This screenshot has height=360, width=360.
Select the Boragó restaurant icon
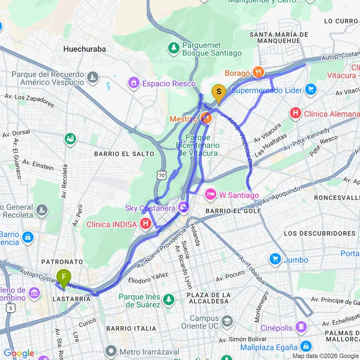(x=258, y=72)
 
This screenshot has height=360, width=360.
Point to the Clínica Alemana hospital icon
(x=295, y=114)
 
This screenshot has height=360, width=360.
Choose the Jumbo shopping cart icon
(x=275, y=260)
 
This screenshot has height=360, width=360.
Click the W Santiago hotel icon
(x=210, y=195)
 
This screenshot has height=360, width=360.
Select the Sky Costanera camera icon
(x=182, y=208)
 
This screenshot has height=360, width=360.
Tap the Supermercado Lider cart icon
(x=311, y=90)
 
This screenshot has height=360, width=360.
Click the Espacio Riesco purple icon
(x=133, y=84)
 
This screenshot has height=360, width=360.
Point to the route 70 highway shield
(x=162, y=175)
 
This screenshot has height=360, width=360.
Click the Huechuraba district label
(x=84, y=49)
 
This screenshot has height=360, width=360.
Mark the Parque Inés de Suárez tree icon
(x=168, y=300)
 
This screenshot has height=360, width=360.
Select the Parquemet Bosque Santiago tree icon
(x=173, y=48)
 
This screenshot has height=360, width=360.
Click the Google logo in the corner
(x=19, y=353)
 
